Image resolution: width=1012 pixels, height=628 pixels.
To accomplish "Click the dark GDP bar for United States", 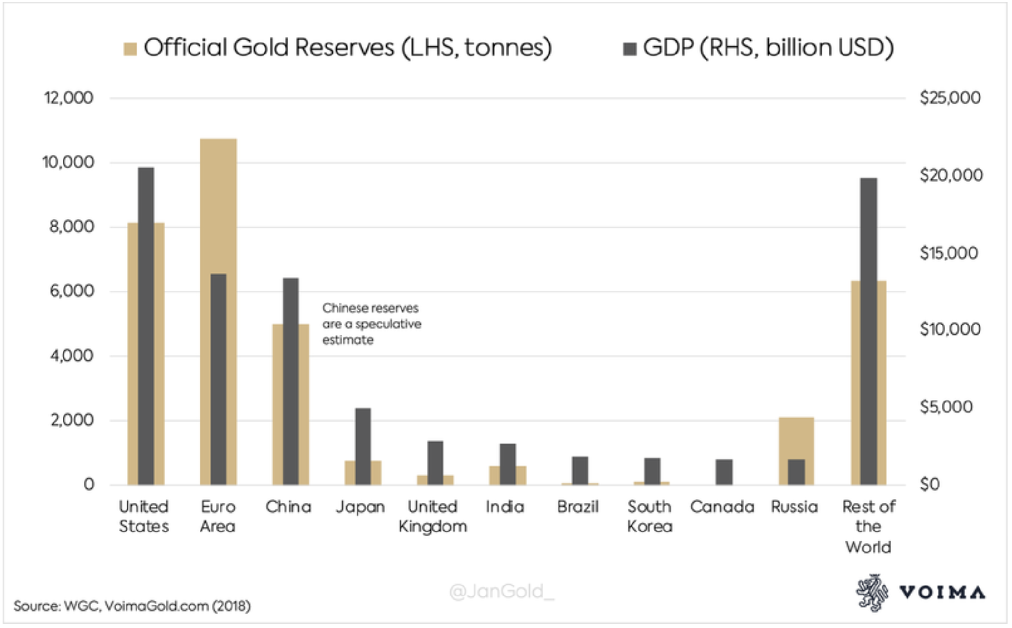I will point(146,325).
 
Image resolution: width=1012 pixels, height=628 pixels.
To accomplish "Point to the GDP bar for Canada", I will point(724,472).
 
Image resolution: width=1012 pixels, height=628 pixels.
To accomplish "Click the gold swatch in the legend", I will point(130,49).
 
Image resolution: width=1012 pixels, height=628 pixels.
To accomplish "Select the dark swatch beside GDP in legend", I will point(630,49).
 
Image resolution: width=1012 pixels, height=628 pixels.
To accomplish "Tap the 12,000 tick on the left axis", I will point(69,98).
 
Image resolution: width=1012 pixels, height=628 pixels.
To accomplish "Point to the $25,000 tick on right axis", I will point(950,98).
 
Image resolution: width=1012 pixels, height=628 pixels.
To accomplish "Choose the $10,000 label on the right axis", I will point(950,329).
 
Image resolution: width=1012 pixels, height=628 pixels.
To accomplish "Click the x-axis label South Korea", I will point(650,516).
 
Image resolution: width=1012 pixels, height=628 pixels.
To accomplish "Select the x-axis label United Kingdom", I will point(432,516).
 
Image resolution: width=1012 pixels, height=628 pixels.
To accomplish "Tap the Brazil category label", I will point(578,507).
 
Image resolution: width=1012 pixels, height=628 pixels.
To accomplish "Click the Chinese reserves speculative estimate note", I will point(371,324).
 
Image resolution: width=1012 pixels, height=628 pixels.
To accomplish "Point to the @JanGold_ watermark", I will point(501,591).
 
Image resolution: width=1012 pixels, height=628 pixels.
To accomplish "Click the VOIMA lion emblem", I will point(872,593).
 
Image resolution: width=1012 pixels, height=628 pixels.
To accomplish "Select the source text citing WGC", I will point(132,606).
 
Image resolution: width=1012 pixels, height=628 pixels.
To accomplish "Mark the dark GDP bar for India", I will point(507,464).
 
